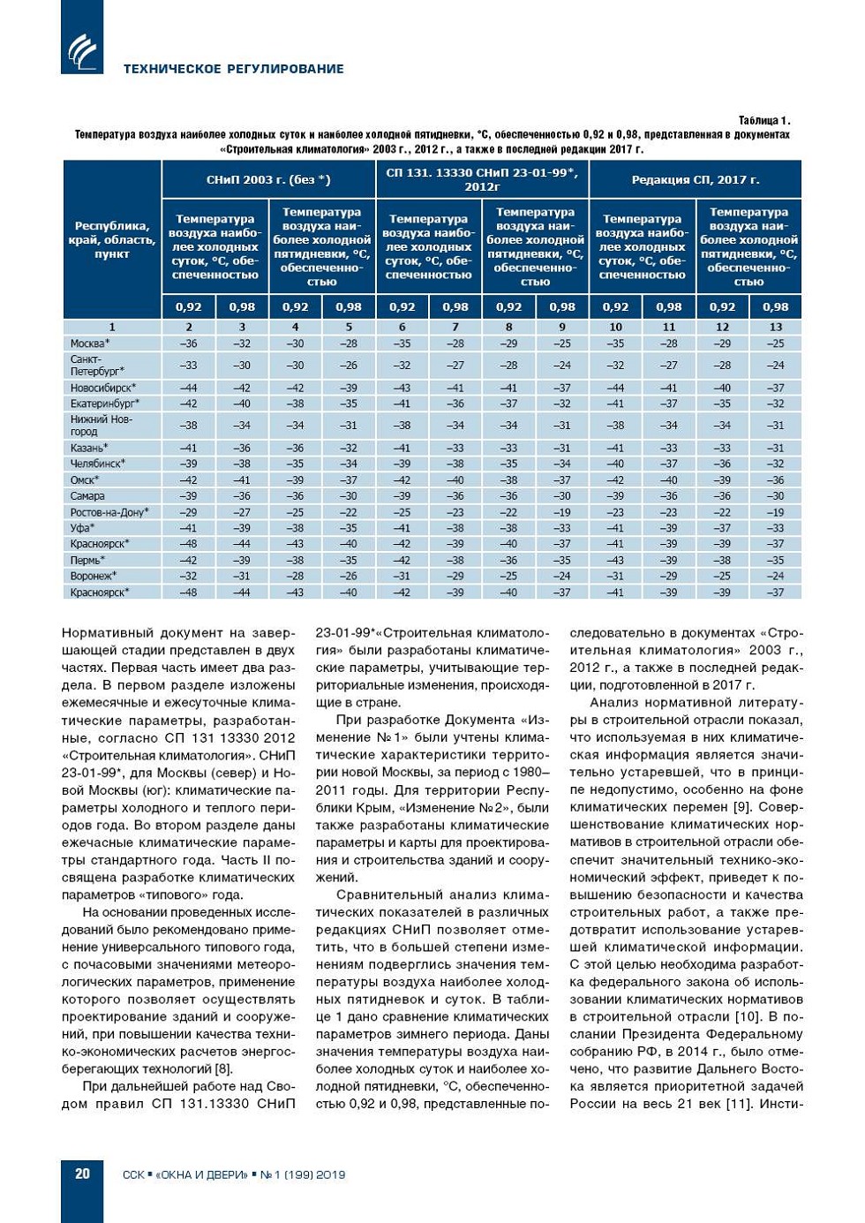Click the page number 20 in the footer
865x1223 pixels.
point(82,1174)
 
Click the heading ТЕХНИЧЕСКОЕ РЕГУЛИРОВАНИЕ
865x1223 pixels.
point(234,69)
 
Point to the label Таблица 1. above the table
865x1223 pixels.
point(764,120)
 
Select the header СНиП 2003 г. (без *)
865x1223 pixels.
point(268,179)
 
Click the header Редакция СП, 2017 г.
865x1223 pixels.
point(695,179)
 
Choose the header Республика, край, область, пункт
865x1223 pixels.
point(112,240)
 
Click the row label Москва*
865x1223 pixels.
point(91,343)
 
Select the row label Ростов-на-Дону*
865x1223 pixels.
point(109,512)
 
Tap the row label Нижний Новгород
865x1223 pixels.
point(101,426)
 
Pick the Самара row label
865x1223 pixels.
point(87,496)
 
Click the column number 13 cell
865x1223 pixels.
point(775,327)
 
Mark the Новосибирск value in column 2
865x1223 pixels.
point(188,388)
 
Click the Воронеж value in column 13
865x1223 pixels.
point(775,576)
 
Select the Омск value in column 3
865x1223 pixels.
point(242,480)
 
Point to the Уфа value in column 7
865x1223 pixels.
point(455,528)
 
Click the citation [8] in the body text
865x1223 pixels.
point(223,1068)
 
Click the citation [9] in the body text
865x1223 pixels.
point(744,807)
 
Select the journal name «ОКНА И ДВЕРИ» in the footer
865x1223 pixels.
point(201,1174)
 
